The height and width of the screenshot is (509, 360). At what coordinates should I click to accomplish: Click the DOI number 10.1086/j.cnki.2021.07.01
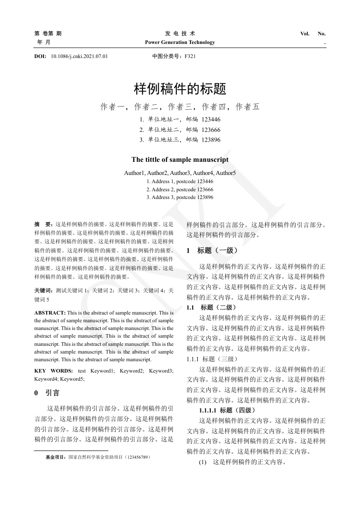(79, 57)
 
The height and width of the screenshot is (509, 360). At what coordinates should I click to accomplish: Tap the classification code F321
(190, 57)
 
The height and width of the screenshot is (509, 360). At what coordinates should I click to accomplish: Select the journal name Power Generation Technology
(180, 43)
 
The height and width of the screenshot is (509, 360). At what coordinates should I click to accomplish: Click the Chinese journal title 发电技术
(180, 34)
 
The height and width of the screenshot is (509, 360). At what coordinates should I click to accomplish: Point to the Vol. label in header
(305, 34)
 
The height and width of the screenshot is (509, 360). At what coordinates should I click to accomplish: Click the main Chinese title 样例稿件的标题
(180, 89)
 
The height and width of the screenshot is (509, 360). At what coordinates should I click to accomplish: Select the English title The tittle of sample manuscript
(180, 160)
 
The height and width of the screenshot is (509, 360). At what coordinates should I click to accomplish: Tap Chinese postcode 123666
(211, 130)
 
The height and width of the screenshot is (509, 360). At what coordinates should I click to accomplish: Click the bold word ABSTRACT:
(50, 313)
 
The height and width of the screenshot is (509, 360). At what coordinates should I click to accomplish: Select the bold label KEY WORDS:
(50, 371)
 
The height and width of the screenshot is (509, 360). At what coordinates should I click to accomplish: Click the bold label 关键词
(43, 290)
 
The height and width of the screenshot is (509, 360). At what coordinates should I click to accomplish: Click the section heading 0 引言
(47, 393)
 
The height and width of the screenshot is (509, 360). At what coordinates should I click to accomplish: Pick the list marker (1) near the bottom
(203, 462)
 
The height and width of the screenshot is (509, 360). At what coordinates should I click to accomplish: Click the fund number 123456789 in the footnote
(138, 457)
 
